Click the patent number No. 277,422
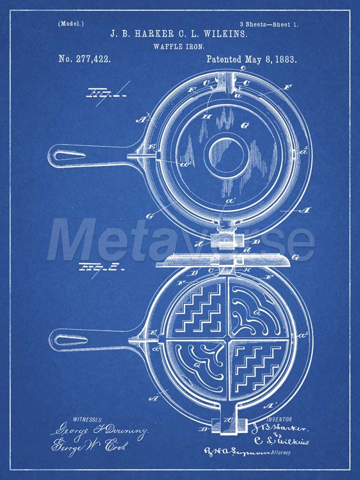coord(85,59)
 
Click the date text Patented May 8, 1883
coord(251,60)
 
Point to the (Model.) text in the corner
coord(71,23)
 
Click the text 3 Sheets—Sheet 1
coord(268,24)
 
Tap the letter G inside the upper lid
coord(244,125)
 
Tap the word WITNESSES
coord(88,419)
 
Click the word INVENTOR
coord(279,420)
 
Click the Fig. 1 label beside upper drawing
coord(99,95)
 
